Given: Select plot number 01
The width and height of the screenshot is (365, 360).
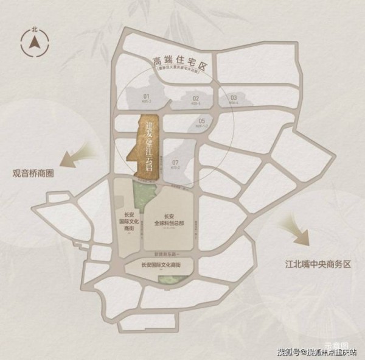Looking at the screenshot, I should coord(146,98).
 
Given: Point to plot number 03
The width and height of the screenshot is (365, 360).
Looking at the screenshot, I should coord(233,99).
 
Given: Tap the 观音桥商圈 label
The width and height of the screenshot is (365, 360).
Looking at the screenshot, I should coord(33,172).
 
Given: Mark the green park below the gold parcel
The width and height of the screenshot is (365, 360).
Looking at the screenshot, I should coord(145,195).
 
